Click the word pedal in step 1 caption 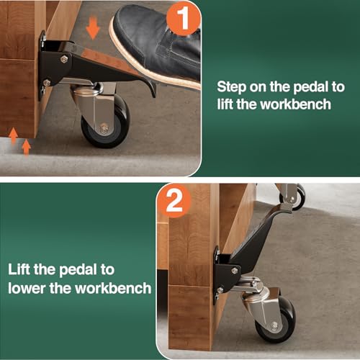[x=305, y=85]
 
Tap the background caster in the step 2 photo [x=292, y=196]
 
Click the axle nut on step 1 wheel [x=104, y=129]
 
